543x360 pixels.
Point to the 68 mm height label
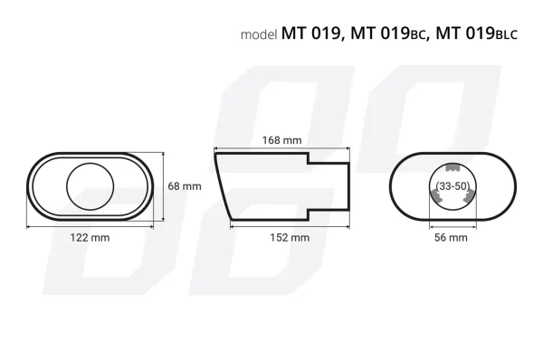[x=185, y=185]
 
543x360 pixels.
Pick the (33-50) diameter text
[x=450, y=185]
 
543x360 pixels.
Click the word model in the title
[x=260, y=35]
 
